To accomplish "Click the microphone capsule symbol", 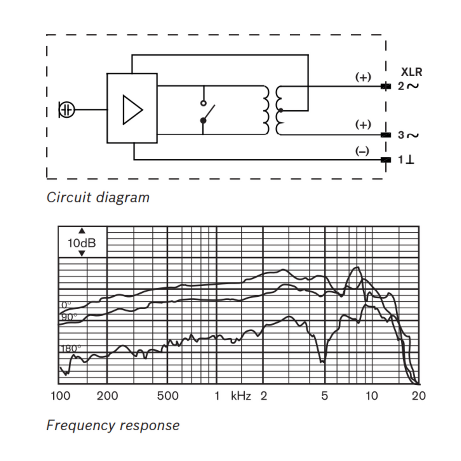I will tap(67, 110).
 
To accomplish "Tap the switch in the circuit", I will tap(206, 112).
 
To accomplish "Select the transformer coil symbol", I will tap(272, 110).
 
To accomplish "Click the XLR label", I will tap(411, 72).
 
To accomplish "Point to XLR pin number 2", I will tap(401, 86).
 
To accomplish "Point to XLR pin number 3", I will tap(401, 135).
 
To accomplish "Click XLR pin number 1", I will tap(401, 160).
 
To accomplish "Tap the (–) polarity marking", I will tap(362, 151).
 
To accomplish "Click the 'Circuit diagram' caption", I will tap(98, 198).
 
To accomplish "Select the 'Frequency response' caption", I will tap(113, 425).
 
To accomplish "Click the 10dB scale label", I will tap(82, 243).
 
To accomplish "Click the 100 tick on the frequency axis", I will tap(61, 396).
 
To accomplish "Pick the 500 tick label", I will tap(167, 396).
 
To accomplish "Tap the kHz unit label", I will tap(241, 396).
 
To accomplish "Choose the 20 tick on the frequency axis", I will tap(418, 396).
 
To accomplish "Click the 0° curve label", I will tap(66, 305).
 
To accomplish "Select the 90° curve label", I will tap(68, 317).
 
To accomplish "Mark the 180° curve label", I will tap(70, 348).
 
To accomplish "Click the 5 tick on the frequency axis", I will tap(324, 396).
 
